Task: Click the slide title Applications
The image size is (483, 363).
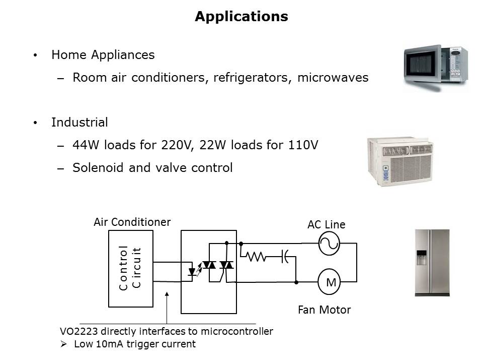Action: pyautogui.click(x=241, y=17)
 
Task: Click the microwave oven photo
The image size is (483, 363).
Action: pyautogui.click(x=436, y=68)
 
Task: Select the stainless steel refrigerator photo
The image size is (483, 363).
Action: pyautogui.click(x=432, y=262)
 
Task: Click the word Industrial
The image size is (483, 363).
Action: pyautogui.click(x=79, y=123)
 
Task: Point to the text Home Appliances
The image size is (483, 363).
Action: pyautogui.click(x=103, y=55)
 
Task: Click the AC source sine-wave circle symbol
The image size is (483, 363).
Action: pyautogui.click(x=330, y=244)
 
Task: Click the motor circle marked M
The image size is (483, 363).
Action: pyautogui.click(x=331, y=283)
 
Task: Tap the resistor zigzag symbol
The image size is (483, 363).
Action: pyautogui.click(x=256, y=257)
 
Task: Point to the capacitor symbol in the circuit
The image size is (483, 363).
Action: pyautogui.click(x=284, y=257)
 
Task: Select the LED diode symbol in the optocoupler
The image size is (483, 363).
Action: pyautogui.click(x=192, y=272)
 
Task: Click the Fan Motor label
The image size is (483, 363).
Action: pyautogui.click(x=324, y=310)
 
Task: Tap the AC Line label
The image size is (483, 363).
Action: pyautogui.click(x=327, y=225)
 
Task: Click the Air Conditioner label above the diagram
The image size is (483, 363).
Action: pyautogui.click(x=132, y=222)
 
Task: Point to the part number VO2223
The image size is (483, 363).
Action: pyautogui.click(x=78, y=331)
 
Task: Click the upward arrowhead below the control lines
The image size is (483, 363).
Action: pyautogui.click(x=167, y=293)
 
